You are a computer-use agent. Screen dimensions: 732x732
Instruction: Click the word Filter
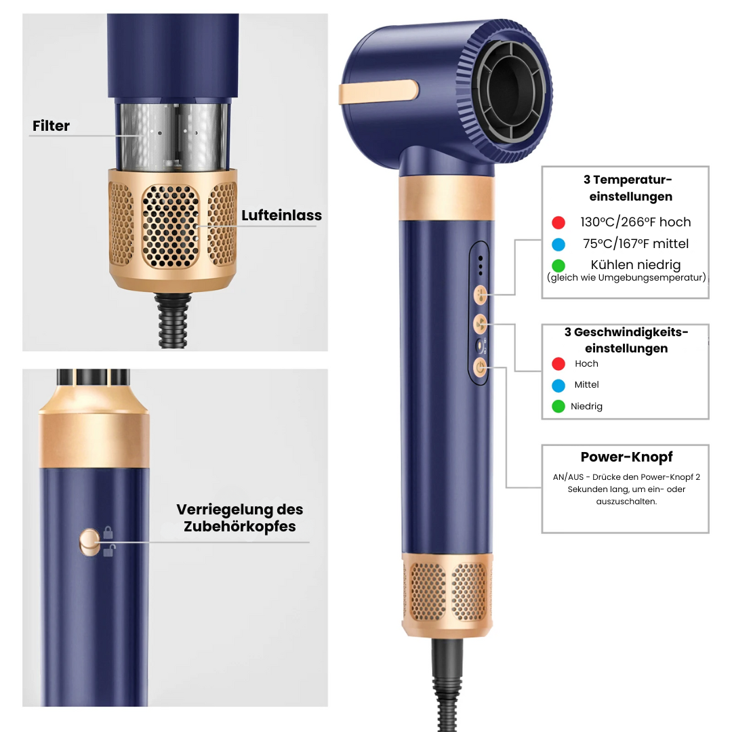point(51,126)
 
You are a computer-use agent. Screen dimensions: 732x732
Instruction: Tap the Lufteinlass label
point(281,216)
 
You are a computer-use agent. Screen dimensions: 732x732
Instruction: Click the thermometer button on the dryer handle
point(481,294)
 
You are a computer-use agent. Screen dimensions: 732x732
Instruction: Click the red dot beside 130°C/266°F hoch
point(558,222)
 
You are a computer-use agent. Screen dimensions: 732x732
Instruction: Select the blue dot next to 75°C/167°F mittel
point(558,244)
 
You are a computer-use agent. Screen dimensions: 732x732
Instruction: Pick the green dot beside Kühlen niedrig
point(558,266)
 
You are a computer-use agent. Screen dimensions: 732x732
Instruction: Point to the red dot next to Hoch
point(558,364)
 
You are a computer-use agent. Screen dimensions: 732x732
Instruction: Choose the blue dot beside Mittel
point(558,385)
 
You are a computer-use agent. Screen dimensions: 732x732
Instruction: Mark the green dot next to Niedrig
point(558,407)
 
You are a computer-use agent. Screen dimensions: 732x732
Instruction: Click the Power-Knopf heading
point(626,457)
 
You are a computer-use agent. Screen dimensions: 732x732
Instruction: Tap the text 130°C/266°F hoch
point(635,222)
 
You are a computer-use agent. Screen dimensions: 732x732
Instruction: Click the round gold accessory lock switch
point(89,540)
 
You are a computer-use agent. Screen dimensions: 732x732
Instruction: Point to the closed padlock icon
point(108,531)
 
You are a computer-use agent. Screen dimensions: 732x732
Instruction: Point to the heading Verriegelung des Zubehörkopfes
point(239,518)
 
